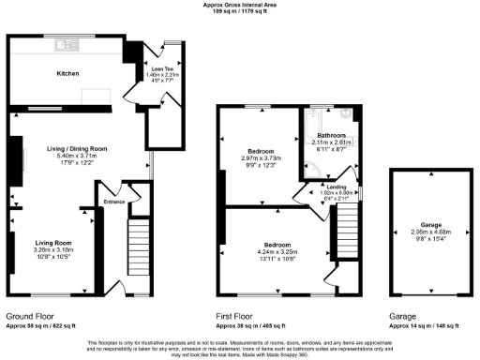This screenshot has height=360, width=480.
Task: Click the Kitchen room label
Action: (67, 72)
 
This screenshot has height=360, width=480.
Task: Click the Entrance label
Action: (113, 201)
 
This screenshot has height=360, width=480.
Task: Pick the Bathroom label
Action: (329, 135)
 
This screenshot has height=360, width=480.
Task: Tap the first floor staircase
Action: (348, 231)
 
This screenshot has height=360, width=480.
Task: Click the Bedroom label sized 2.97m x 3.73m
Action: (261, 152)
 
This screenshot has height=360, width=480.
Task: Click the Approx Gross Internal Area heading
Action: (239, 5)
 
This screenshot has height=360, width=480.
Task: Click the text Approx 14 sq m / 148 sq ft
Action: (424, 326)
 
